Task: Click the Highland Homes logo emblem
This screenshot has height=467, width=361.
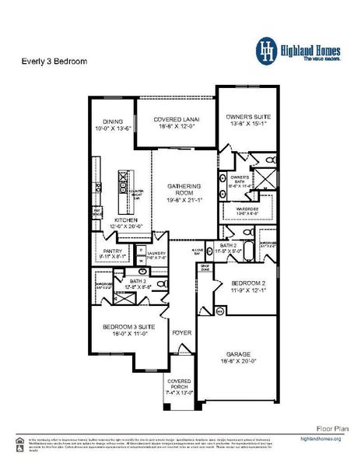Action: [x=268, y=50]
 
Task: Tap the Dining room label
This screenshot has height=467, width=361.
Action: [x=109, y=122]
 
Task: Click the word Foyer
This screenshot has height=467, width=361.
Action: [x=181, y=333]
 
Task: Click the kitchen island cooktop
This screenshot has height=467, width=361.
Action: [x=123, y=184]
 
